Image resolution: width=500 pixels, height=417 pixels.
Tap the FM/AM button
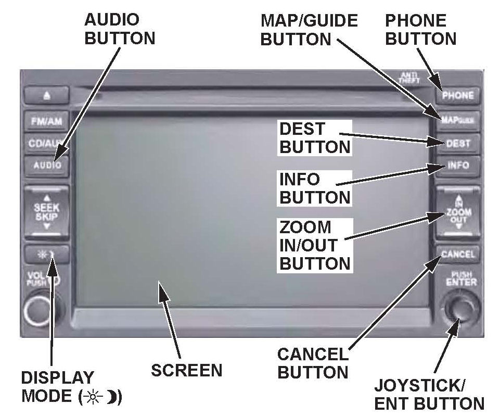[46, 121]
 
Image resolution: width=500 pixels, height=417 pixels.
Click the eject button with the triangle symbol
[46, 95]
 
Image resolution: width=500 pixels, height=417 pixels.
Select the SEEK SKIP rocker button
[46, 212]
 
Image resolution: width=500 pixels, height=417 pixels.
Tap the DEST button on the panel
[458, 143]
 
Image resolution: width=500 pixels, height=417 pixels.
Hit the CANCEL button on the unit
[458, 255]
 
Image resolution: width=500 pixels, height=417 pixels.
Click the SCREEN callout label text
[186, 370]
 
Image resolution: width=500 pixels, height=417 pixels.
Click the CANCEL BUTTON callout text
[313, 363]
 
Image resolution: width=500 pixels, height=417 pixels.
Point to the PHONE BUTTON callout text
[420, 30]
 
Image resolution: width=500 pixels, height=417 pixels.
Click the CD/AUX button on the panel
[46, 143]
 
